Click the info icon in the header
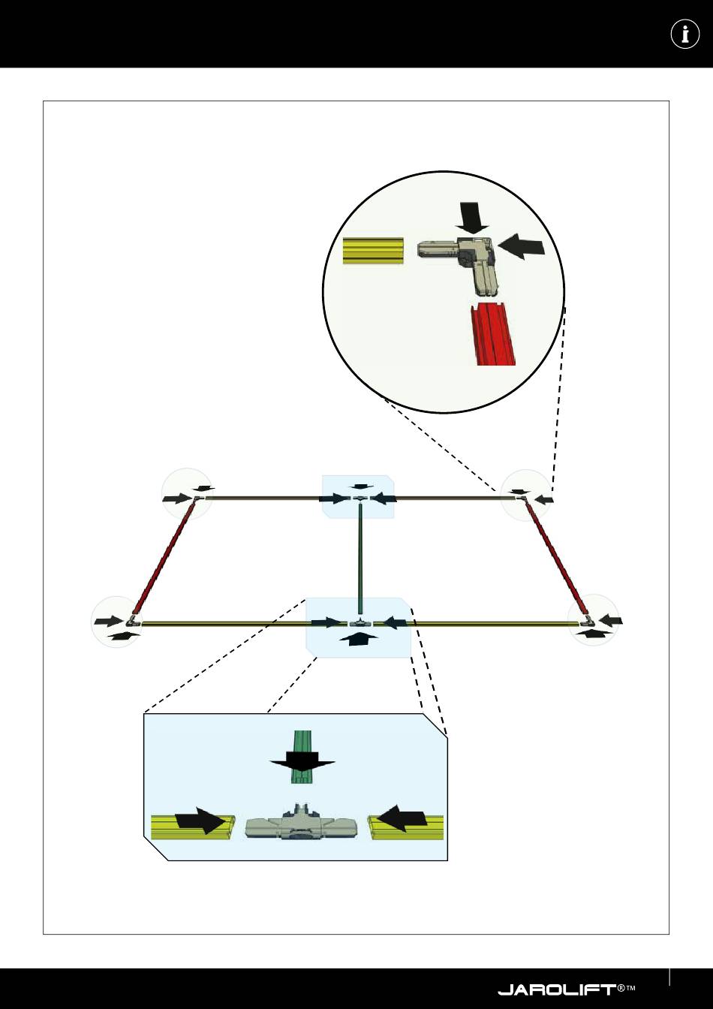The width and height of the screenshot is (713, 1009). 684,35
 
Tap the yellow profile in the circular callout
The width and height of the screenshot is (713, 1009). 373,251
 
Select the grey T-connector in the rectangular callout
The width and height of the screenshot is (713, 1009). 296,826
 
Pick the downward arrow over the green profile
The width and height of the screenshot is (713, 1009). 302,764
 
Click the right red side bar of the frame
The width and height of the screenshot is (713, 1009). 556,557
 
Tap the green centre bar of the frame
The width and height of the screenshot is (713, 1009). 361,559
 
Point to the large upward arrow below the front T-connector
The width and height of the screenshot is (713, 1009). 360,638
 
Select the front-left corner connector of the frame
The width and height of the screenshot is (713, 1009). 133,621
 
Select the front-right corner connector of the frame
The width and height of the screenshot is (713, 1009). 588,621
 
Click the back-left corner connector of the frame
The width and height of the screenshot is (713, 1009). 197,497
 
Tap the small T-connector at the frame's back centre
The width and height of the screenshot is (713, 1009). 360,498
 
